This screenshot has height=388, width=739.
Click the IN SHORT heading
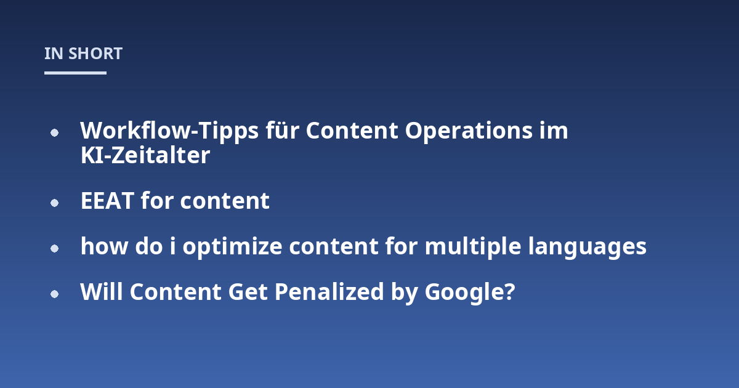tap(84, 54)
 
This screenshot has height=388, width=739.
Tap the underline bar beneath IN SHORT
tap(75, 73)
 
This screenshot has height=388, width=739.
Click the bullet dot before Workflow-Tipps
tap(54, 132)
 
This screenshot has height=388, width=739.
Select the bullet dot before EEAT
tap(54, 203)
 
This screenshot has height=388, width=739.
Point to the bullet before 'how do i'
tap(54, 248)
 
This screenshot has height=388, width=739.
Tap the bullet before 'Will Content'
tap(54, 294)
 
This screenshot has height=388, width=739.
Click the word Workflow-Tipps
tap(169, 131)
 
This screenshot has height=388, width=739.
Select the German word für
tap(283, 131)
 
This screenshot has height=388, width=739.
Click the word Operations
tap(469, 131)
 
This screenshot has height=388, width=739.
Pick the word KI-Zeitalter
tap(145, 155)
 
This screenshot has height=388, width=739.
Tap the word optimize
tap(232, 248)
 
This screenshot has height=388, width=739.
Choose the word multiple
tap(473, 247)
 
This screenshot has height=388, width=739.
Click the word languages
tap(588, 248)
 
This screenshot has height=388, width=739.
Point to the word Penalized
tap(329, 292)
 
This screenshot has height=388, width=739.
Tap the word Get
tap(248, 292)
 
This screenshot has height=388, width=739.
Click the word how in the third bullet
tap(104, 246)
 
